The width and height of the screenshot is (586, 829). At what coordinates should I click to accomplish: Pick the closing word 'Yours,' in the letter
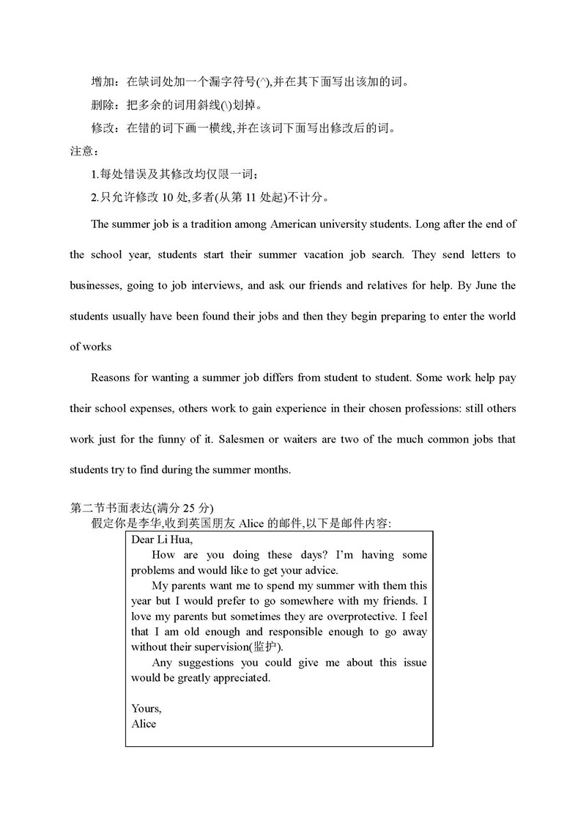point(146,709)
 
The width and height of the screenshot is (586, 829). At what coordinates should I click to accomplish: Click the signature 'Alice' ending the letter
point(144,724)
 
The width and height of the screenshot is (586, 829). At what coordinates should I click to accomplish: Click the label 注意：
point(83,152)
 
